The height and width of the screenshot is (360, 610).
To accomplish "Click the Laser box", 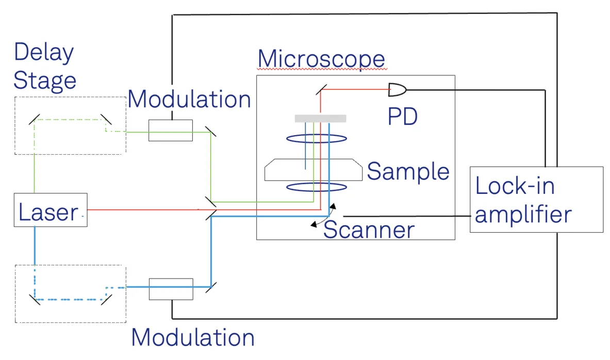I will tap(50, 210).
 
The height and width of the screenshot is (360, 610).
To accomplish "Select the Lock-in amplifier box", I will tap(536, 199).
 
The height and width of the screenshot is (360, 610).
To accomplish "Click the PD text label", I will tap(402, 117).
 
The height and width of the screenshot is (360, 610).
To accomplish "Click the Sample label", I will tap(408, 171).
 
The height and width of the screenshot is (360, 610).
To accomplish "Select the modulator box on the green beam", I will tap(170, 130).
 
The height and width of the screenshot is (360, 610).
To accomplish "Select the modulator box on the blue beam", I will tap(170, 289).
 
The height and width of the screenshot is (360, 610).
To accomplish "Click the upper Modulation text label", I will tap(189, 99).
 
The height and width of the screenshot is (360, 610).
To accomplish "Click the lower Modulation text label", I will tap(192, 337).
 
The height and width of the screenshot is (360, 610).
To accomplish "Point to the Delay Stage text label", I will tap(44, 67).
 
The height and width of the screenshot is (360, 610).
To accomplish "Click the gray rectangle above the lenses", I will tap(320, 119).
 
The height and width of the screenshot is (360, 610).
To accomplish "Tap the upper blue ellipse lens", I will tap(316, 138).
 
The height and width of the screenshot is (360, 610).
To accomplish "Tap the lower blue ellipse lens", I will tap(316, 187).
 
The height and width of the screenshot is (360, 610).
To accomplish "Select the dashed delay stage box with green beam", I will tap(70, 125).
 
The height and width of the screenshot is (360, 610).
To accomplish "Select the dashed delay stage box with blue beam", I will tap(70, 293).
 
